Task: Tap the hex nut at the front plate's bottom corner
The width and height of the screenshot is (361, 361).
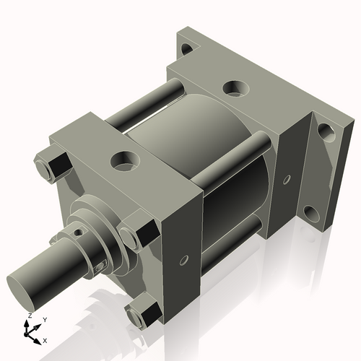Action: click(142, 313)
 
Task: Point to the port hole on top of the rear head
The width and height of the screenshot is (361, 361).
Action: click(232, 89)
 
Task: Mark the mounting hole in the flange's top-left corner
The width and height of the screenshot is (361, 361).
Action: click(187, 49)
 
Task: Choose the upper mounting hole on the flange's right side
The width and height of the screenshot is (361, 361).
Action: click(326, 131)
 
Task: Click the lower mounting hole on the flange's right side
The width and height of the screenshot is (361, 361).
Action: click(310, 212)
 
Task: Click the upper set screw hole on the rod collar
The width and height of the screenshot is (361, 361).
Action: click(78, 233)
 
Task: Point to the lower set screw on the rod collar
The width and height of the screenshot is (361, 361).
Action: click(100, 266)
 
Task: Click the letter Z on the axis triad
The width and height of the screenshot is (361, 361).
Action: click(28, 316)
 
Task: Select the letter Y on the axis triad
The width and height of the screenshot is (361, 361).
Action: click(44, 319)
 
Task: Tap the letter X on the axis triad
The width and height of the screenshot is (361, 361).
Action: click(45, 339)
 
